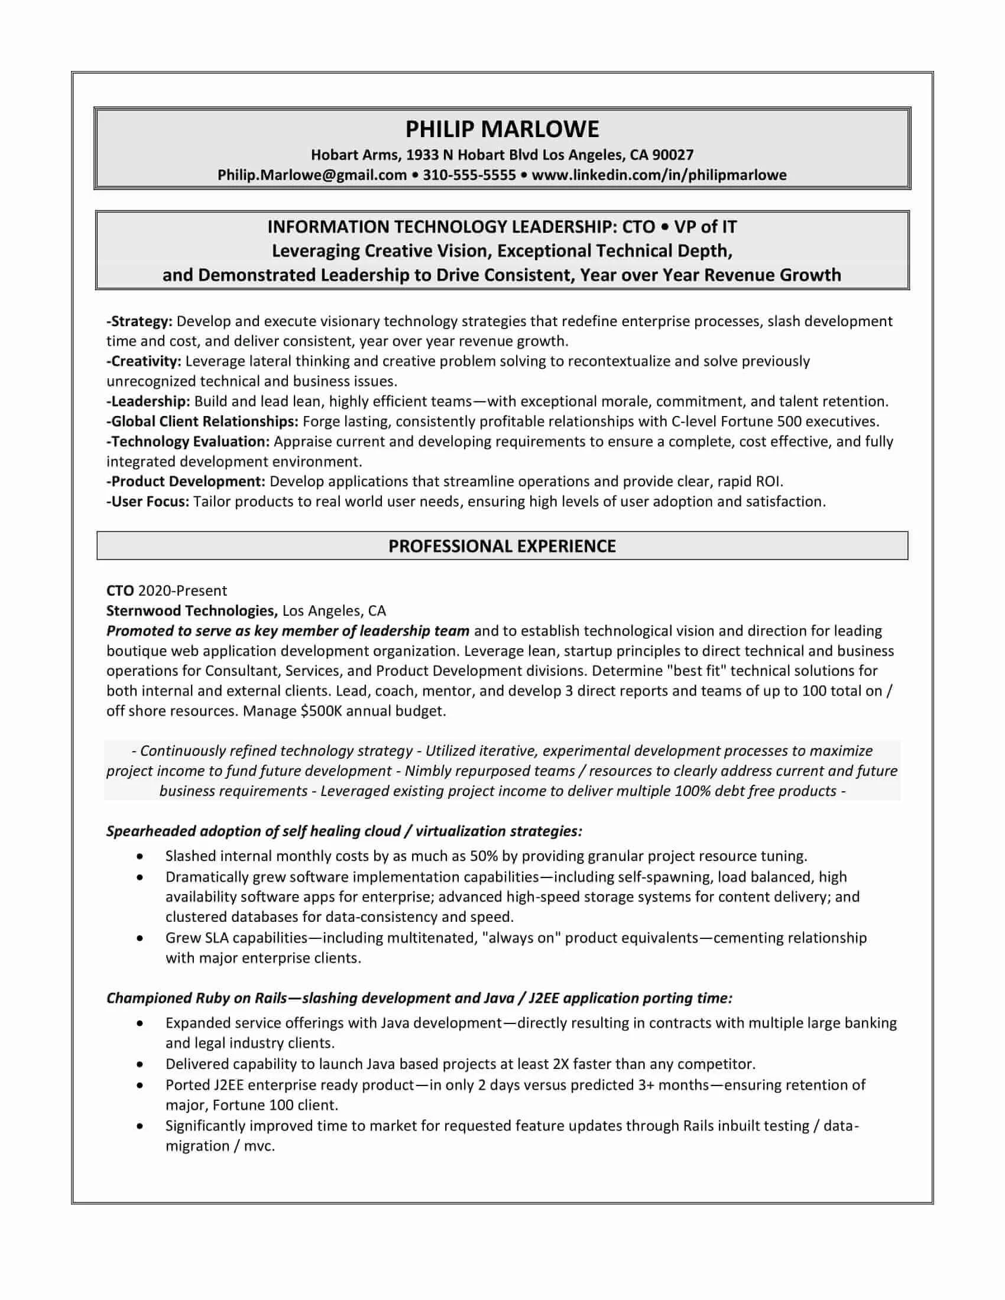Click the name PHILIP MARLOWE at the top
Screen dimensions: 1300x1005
(502, 129)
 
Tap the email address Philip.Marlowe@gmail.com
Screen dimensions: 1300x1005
(312, 175)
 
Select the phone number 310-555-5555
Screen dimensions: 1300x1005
(469, 175)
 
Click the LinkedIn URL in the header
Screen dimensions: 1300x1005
(659, 175)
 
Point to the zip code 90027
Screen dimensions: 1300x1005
(673, 155)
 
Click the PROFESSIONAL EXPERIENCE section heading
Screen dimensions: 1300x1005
(502, 547)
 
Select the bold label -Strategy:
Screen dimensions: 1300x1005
(140, 321)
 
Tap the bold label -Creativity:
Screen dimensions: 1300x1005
(144, 361)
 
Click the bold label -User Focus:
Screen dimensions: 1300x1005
(148, 502)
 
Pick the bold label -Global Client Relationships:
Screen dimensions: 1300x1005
(202, 421)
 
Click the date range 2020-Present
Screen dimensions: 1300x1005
(182, 591)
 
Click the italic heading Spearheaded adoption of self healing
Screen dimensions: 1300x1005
(344, 831)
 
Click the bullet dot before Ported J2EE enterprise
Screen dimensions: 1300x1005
(140, 1085)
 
